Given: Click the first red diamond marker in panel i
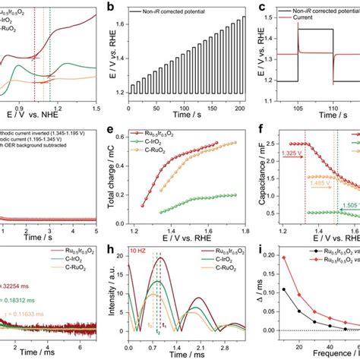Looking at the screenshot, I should coord(284,279).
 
